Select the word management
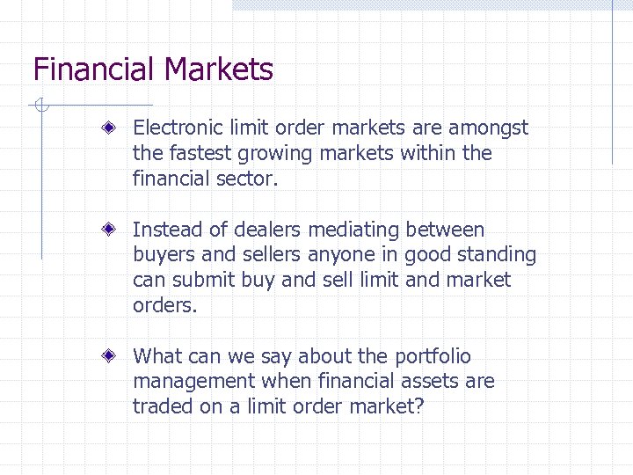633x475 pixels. pos(193,382)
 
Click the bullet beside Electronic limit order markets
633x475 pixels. pos(110,128)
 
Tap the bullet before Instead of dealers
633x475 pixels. pos(110,230)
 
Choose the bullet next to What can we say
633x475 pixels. pos(110,357)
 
